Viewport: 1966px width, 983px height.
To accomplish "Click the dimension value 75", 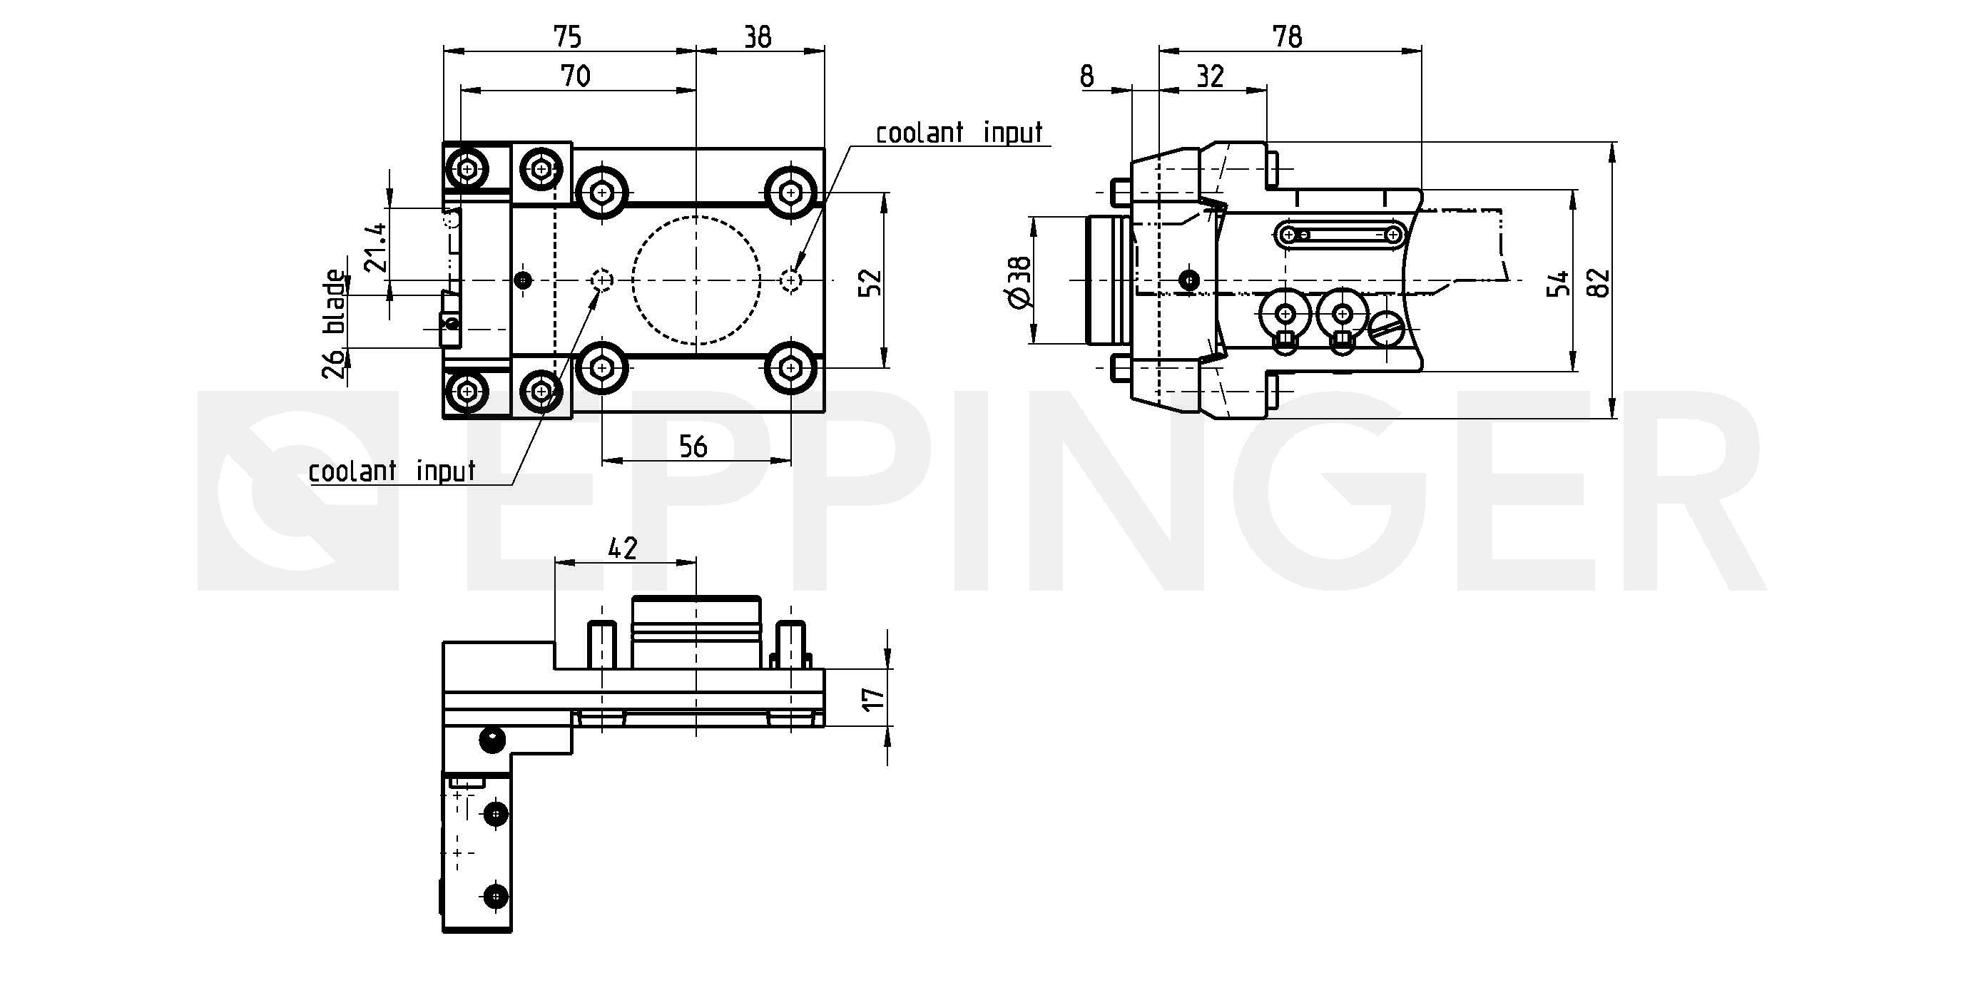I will tap(567, 36).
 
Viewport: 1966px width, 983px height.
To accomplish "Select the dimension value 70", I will tap(575, 76).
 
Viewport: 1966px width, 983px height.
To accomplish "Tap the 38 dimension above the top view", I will tap(758, 36).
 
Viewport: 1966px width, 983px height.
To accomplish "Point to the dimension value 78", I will tap(1288, 36).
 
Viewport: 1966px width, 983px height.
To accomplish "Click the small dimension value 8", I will tap(1087, 76).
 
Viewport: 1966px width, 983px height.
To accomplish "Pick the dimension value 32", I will tap(1211, 76).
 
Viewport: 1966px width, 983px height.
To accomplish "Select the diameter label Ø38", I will tap(1019, 282).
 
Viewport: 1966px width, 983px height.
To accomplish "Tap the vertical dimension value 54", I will tap(1559, 282).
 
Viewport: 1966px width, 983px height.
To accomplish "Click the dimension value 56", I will tap(693, 447).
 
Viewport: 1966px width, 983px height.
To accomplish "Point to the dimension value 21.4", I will tap(375, 248).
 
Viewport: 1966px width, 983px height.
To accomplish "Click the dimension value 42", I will tap(622, 548).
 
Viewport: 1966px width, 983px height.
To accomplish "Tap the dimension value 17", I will tap(873, 698).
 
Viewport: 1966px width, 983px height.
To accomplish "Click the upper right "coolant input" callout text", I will tap(959, 133).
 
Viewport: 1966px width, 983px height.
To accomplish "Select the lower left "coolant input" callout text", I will tap(392, 471).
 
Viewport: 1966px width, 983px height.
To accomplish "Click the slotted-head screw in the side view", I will tap(1387, 330).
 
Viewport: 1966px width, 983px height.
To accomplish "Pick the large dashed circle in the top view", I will tap(696, 281).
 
